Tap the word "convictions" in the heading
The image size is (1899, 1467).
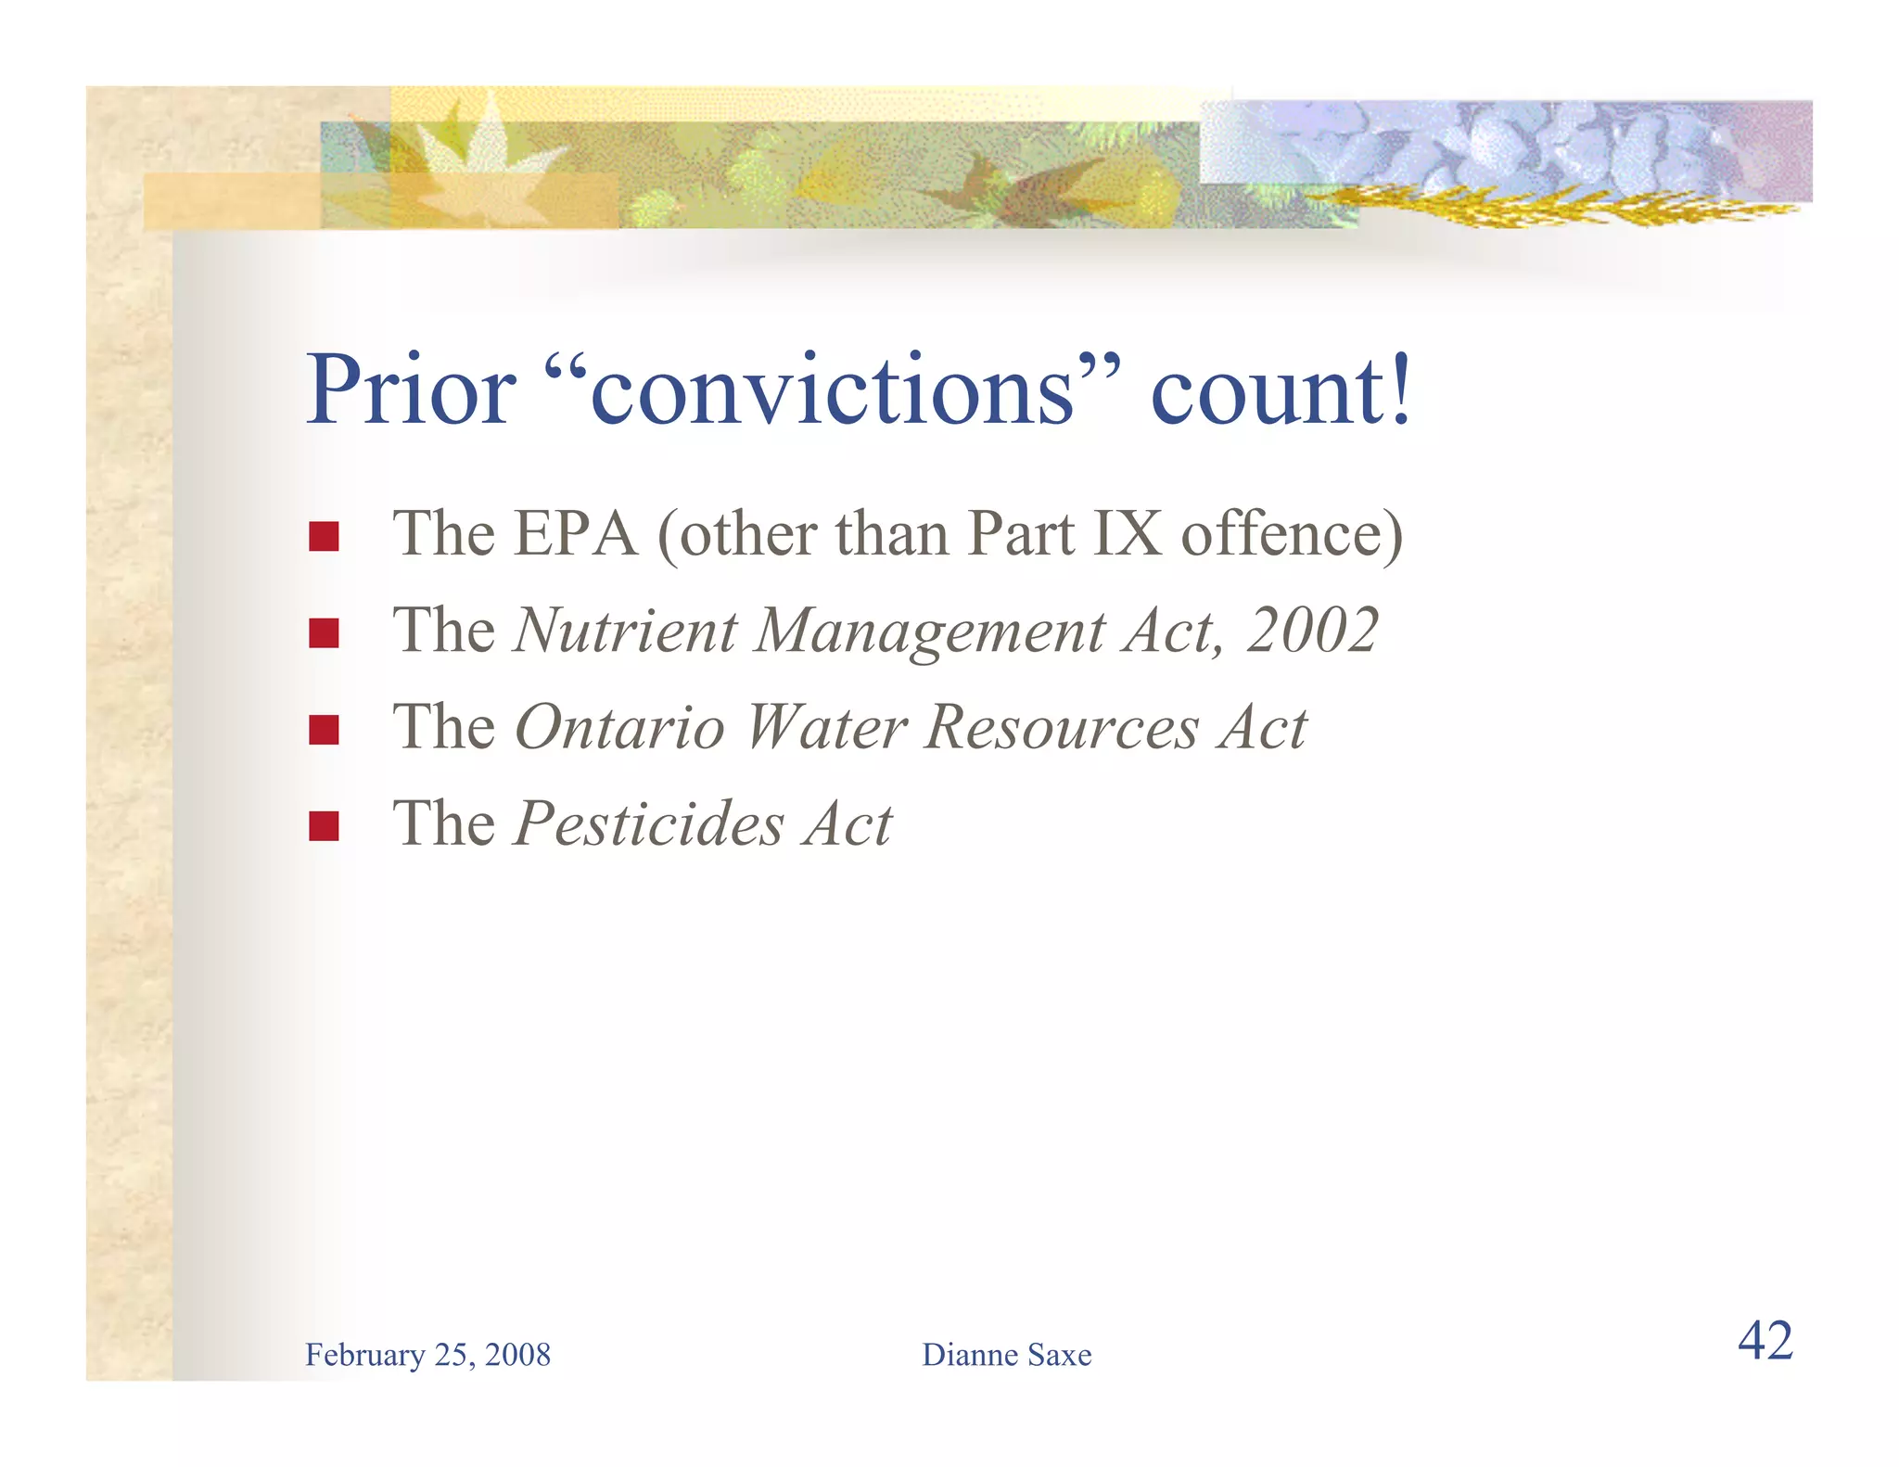click(x=832, y=391)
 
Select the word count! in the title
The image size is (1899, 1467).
click(x=1281, y=391)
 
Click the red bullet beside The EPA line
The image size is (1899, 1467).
click(x=324, y=536)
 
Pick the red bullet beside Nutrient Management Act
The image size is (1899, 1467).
click(x=324, y=632)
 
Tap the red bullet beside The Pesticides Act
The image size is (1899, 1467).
click(x=324, y=825)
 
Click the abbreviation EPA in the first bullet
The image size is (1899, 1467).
click(x=575, y=534)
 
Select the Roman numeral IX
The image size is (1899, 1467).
click(x=1127, y=534)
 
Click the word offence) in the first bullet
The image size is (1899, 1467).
click(x=1292, y=534)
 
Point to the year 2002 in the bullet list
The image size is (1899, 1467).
click(x=1312, y=631)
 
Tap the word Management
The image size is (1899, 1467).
click(x=931, y=631)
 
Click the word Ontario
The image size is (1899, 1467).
click(x=619, y=727)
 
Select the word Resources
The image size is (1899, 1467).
click(x=1063, y=727)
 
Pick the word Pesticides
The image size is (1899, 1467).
click(x=649, y=823)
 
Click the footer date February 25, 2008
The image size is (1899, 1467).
click(x=427, y=1355)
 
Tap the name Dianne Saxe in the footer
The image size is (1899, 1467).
click(x=1006, y=1355)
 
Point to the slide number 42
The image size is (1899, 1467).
click(x=1765, y=1341)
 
